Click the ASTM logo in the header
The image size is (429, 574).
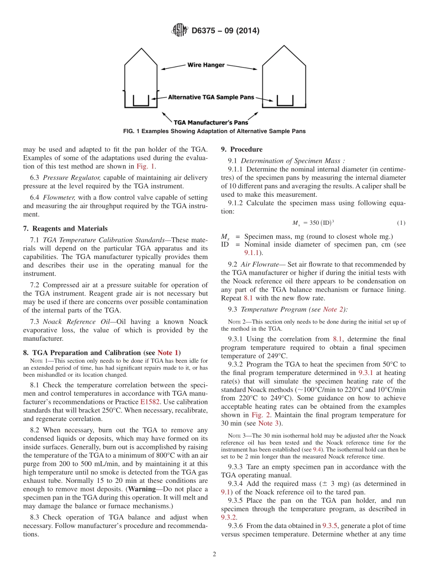(x=180, y=31)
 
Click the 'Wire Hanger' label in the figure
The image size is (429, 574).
(x=206, y=65)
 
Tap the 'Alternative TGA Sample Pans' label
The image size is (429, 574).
(x=211, y=97)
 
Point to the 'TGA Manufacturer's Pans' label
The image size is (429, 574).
(x=211, y=122)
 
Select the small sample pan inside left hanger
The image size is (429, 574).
(x=141, y=101)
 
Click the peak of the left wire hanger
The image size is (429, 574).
(x=141, y=49)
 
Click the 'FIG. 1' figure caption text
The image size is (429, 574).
(x=214, y=131)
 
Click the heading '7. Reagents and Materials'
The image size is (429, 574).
(x=65, y=229)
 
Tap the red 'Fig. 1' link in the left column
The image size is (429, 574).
(x=145, y=166)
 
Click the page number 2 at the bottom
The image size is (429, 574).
(x=214, y=554)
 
